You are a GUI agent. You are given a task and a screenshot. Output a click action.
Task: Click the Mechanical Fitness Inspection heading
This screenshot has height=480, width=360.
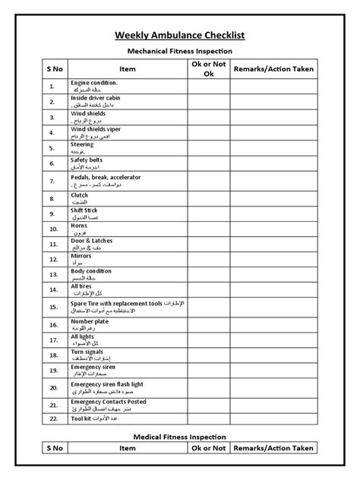(x=179, y=52)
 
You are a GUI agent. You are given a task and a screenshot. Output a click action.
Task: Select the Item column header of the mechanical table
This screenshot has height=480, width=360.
(x=128, y=69)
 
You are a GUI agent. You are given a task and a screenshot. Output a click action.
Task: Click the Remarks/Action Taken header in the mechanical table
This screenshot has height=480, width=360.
(x=273, y=69)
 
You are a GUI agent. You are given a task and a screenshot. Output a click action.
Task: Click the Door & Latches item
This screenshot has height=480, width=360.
(x=91, y=242)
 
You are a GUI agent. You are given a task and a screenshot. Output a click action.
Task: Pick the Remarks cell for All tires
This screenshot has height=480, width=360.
(x=273, y=289)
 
